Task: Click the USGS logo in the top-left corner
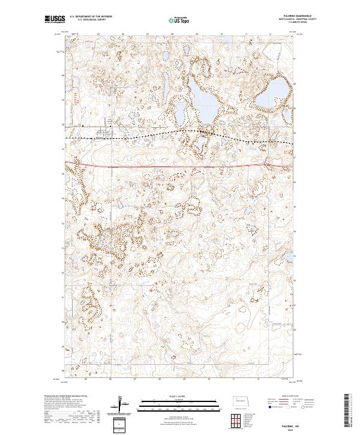click(x=55, y=19)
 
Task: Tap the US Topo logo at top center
click(x=179, y=19)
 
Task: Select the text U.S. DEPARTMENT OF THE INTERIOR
click(x=91, y=17)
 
